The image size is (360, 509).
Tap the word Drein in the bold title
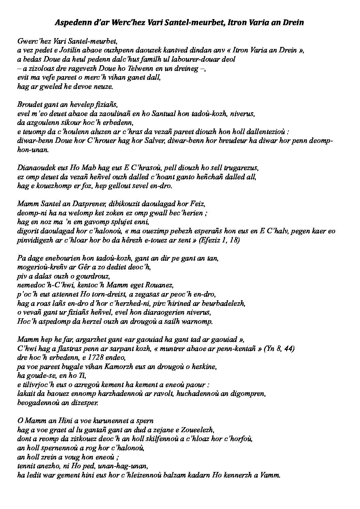coord(294,23)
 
